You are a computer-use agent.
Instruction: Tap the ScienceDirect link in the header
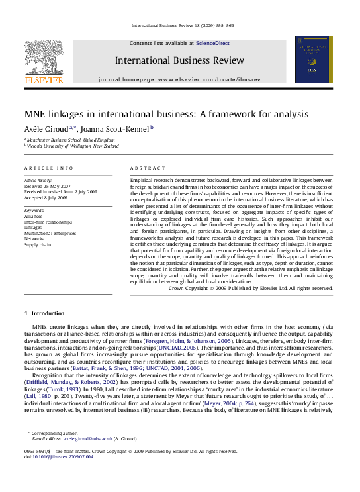pos(212,42)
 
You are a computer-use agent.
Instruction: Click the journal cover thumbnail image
pos(314,60)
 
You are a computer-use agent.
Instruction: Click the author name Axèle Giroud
pos(45,128)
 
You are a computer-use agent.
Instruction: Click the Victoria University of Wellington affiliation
pos(73,146)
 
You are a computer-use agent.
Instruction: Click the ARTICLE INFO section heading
pos(49,168)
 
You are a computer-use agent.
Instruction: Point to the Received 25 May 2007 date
pos(47,185)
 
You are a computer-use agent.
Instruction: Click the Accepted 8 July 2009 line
pos(47,197)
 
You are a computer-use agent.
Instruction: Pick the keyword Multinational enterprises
pos(50,234)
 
